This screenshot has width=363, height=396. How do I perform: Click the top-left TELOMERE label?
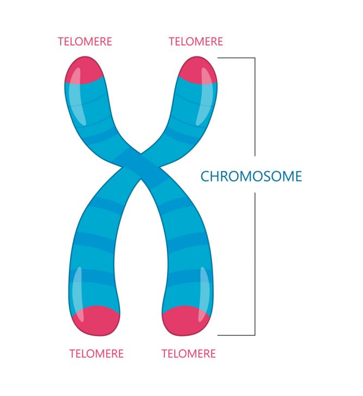click(x=85, y=42)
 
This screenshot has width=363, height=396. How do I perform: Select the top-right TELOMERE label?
click(x=196, y=42)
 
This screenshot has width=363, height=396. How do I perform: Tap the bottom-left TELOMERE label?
click(x=97, y=354)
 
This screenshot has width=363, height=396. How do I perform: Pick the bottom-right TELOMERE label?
click(x=189, y=354)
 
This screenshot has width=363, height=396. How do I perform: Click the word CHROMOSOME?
click(x=251, y=176)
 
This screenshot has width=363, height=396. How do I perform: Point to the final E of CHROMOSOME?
click(x=298, y=176)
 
